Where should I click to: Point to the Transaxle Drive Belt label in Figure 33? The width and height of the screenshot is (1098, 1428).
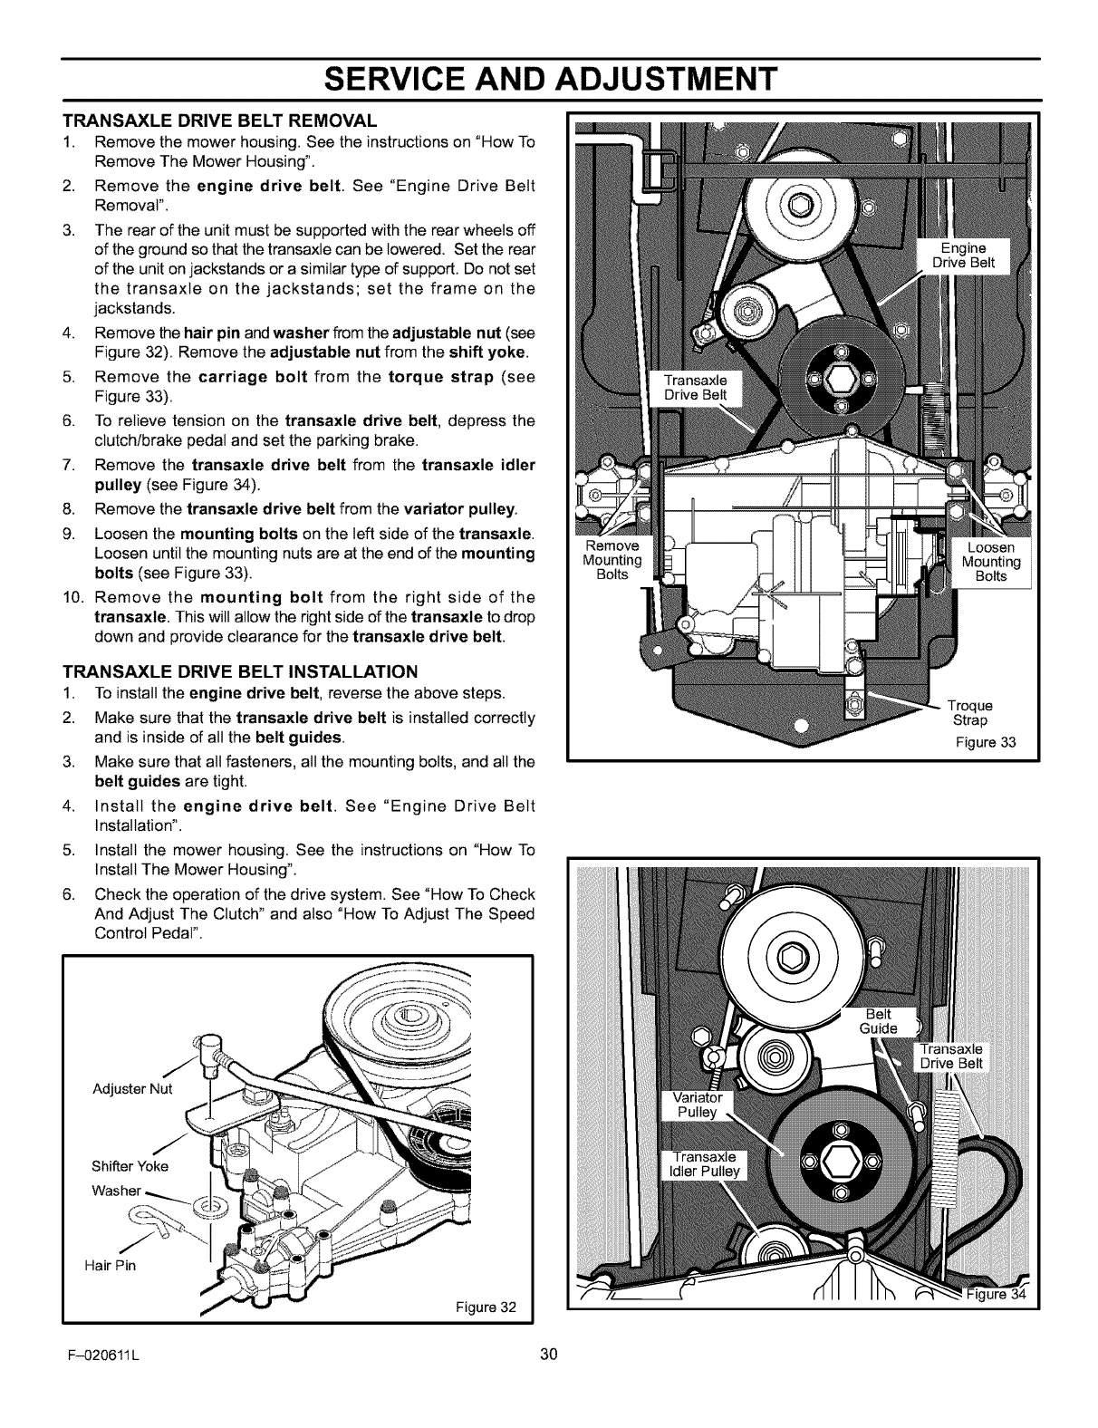(703, 387)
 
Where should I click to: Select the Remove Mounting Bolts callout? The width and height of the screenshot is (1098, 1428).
(612, 562)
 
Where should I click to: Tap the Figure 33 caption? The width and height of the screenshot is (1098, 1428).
(986, 743)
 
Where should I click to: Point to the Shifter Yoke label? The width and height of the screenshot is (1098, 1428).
(130, 1165)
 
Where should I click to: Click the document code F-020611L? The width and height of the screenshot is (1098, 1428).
(101, 1355)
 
